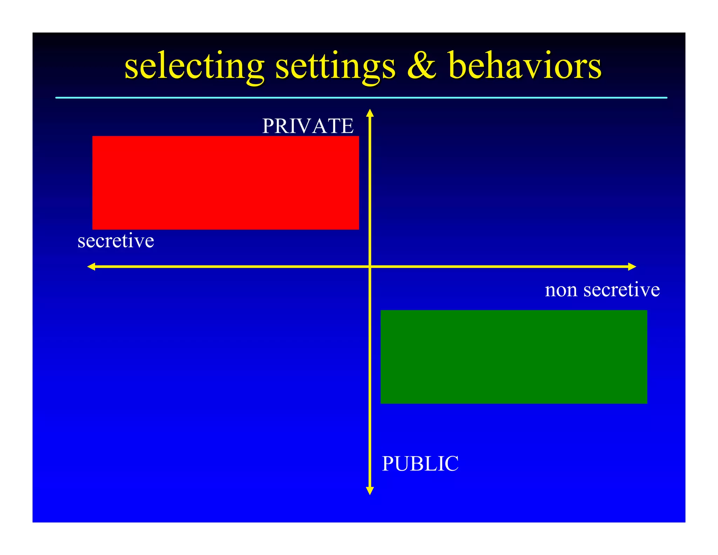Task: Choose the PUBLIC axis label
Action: pyautogui.click(x=420, y=463)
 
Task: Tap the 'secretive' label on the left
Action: pyautogui.click(x=116, y=241)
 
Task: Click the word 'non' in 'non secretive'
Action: pyautogui.click(x=561, y=290)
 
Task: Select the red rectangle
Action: pyautogui.click(x=225, y=183)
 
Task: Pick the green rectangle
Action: pyautogui.click(x=514, y=357)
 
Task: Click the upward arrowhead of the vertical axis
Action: pyautogui.click(x=370, y=113)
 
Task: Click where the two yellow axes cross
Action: pyautogui.click(x=370, y=267)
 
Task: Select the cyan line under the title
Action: pyautogui.click(x=361, y=98)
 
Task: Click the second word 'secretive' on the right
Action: pyautogui.click(x=621, y=290)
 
